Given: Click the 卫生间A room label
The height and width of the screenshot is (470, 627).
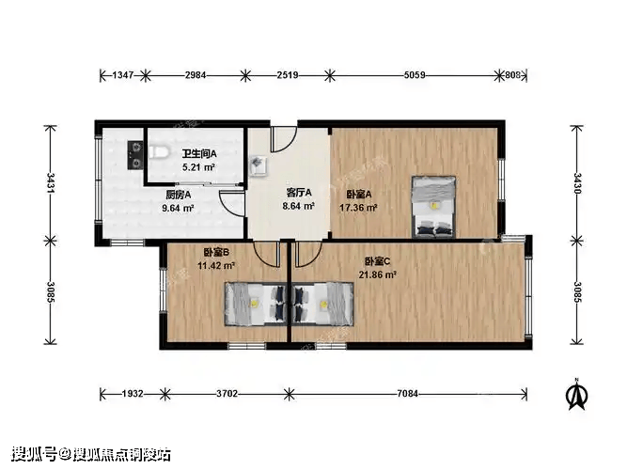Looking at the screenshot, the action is click(x=199, y=153).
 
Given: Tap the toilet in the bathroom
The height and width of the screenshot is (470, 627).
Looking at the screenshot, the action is click(x=158, y=152).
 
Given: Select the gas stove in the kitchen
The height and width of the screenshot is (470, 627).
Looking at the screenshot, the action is click(x=135, y=155).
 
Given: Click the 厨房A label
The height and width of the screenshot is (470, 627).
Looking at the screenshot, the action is click(x=179, y=195).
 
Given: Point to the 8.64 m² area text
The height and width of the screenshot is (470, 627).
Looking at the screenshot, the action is click(x=298, y=206).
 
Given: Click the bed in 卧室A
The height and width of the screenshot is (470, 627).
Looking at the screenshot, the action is click(x=434, y=207).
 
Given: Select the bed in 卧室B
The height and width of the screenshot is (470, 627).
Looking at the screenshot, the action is click(x=256, y=304).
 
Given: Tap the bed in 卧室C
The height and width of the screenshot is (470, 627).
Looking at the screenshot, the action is click(x=322, y=304).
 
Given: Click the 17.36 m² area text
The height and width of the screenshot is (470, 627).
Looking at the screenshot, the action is click(x=358, y=208).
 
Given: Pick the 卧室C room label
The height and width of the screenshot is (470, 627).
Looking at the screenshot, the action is click(x=378, y=261).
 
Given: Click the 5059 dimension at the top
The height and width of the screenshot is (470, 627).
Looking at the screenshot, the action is click(x=415, y=75).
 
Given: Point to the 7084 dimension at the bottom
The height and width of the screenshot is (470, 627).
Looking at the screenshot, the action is click(x=407, y=394).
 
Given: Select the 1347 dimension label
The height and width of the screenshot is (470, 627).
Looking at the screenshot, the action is click(x=123, y=75).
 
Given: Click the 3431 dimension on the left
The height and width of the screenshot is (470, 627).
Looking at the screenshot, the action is click(x=51, y=183).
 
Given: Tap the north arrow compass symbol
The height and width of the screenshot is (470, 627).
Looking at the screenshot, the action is click(x=576, y=395).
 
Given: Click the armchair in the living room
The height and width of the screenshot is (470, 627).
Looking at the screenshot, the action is click(x=258, y=165).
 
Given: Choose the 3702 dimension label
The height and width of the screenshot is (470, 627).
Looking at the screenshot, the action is click(x=227, y=394).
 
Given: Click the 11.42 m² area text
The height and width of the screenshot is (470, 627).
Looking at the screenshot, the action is click(x=216, y=266).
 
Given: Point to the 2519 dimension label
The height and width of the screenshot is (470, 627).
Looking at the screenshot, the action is click(x=288, y=75).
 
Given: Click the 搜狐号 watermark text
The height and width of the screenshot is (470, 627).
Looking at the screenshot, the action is click(x=34, y=455).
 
